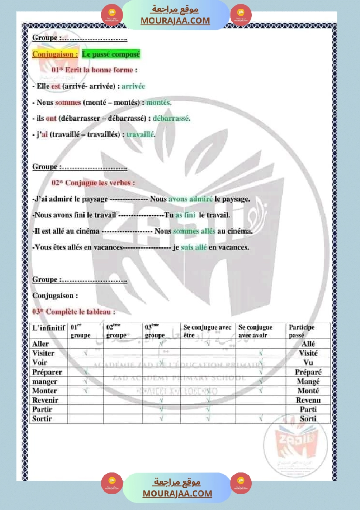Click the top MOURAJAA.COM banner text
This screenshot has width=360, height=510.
pos(175,21)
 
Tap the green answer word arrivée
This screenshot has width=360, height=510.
pos(133,86)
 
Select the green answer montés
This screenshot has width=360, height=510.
pos(159,103)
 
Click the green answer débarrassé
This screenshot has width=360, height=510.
pos(171,118)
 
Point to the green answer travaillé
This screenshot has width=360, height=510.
pos(141,134)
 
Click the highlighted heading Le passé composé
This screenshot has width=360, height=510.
pos(111,55)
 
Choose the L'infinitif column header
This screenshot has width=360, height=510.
pos(48,327)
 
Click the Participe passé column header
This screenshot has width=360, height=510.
pos(302,331)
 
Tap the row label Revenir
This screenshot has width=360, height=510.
pos(45,400)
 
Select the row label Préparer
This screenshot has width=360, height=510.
pos(47,372)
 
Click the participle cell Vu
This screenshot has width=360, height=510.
pos(308,363)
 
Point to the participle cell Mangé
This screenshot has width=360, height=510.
pos(308,381)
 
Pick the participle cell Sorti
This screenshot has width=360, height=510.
pos(308,419)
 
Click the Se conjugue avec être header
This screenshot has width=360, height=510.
pos(207,331)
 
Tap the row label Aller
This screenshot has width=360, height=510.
pos(41,344)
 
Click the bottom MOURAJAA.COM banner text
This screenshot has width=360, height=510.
pos(177,493)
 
